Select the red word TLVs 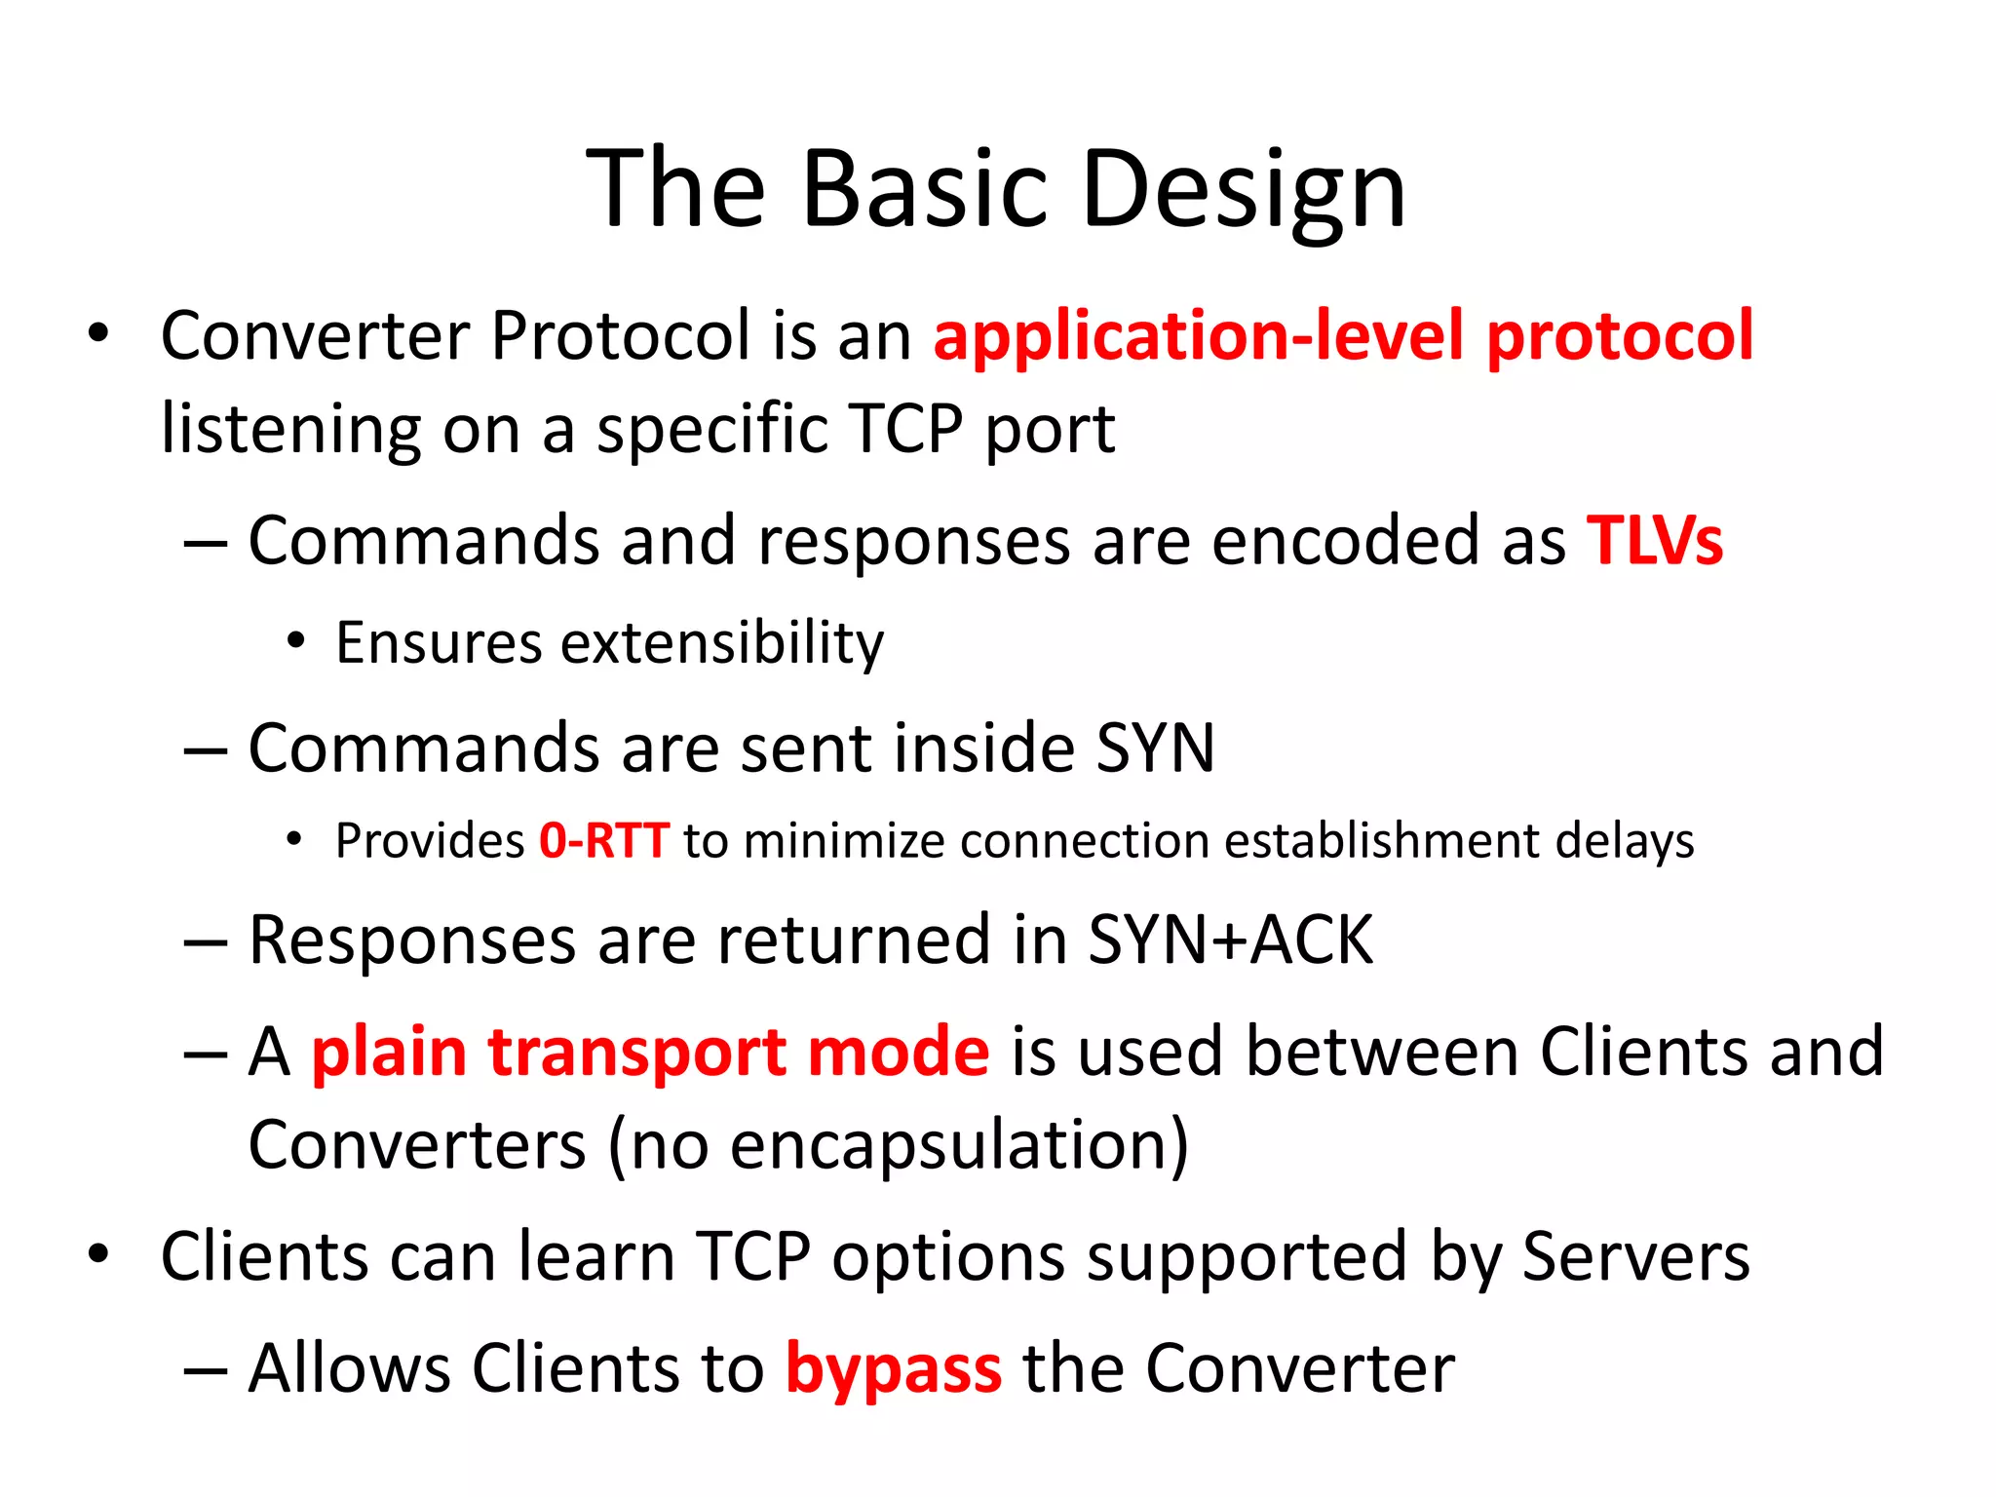click(x=1654, y=541)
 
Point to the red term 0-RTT click(x=604, y=840)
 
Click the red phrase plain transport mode click(x=650, y=1053)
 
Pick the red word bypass click(x=893, y=1369)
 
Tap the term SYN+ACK click(x=1230, y=940)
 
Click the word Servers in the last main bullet click(x=1635, y=1257)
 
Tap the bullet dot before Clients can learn click(x=98, y=1255)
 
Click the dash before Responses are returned click(x=205, y=943)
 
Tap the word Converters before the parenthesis click(x=417, y=1145)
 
